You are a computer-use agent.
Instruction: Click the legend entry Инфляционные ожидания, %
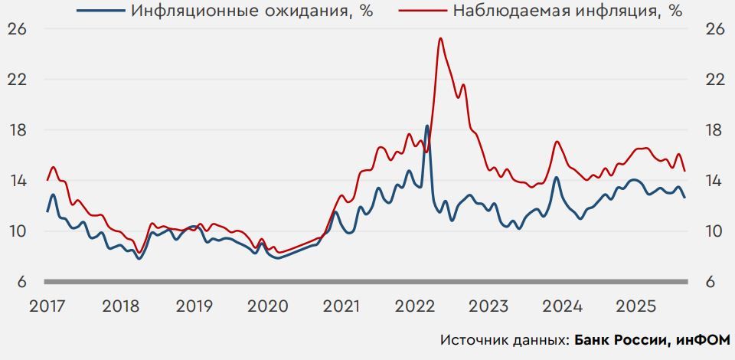252,11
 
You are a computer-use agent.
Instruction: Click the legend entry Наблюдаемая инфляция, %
566,11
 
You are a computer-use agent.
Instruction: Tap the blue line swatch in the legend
100,11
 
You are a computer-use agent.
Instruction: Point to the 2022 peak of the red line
440,38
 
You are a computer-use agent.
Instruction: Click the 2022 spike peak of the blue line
427,126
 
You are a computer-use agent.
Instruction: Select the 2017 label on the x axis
47,306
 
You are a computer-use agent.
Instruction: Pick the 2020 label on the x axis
268,306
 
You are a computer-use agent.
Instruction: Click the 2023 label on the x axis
489,306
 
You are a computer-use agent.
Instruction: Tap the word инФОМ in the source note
704,339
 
